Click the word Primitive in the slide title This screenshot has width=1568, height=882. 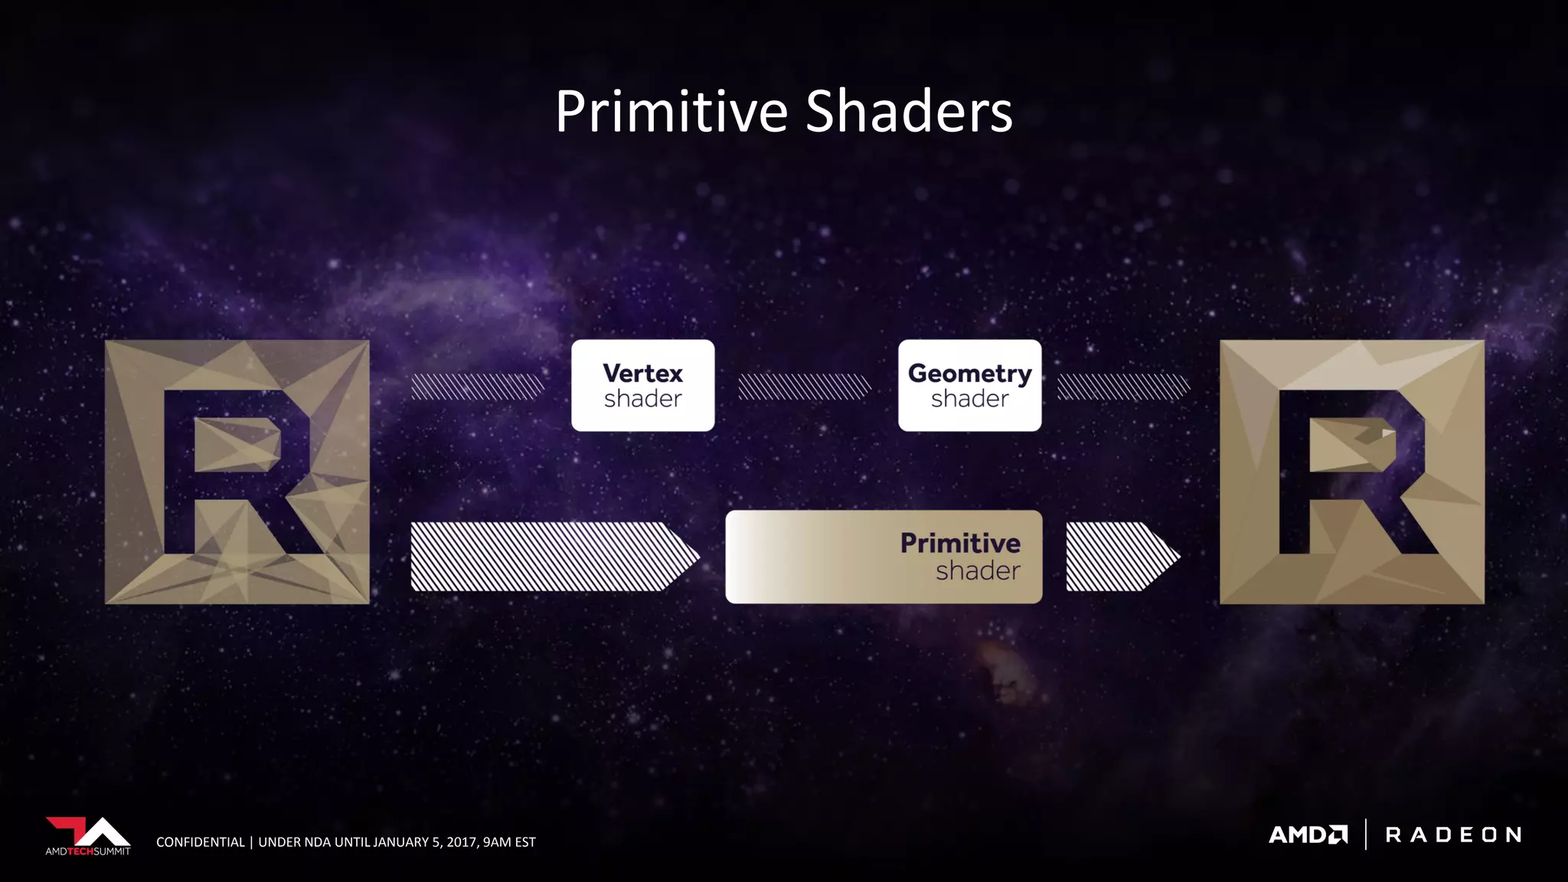point(671,112)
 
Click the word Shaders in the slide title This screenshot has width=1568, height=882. point(909,112)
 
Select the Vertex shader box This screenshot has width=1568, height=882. point(642,385)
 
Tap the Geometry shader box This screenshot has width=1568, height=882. point(969,385)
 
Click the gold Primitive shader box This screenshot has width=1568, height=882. point(884,557)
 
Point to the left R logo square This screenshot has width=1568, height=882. point(237,472)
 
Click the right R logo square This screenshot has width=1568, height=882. point(1351,472)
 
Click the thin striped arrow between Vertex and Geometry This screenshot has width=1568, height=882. point(804,387)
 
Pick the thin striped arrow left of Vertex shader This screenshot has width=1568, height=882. point(477,387)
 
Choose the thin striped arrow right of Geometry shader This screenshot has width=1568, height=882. point(1123,387)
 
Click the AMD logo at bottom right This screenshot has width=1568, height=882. point(1308,835)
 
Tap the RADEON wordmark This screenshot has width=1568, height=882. point(1453,835)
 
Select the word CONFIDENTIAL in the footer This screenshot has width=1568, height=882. point(201,842)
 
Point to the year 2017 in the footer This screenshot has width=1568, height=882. point(461,842)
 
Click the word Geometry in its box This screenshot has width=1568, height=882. point(969,374)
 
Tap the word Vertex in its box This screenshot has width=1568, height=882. point(642,374)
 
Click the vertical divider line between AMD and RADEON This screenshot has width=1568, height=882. point(1366,835)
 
